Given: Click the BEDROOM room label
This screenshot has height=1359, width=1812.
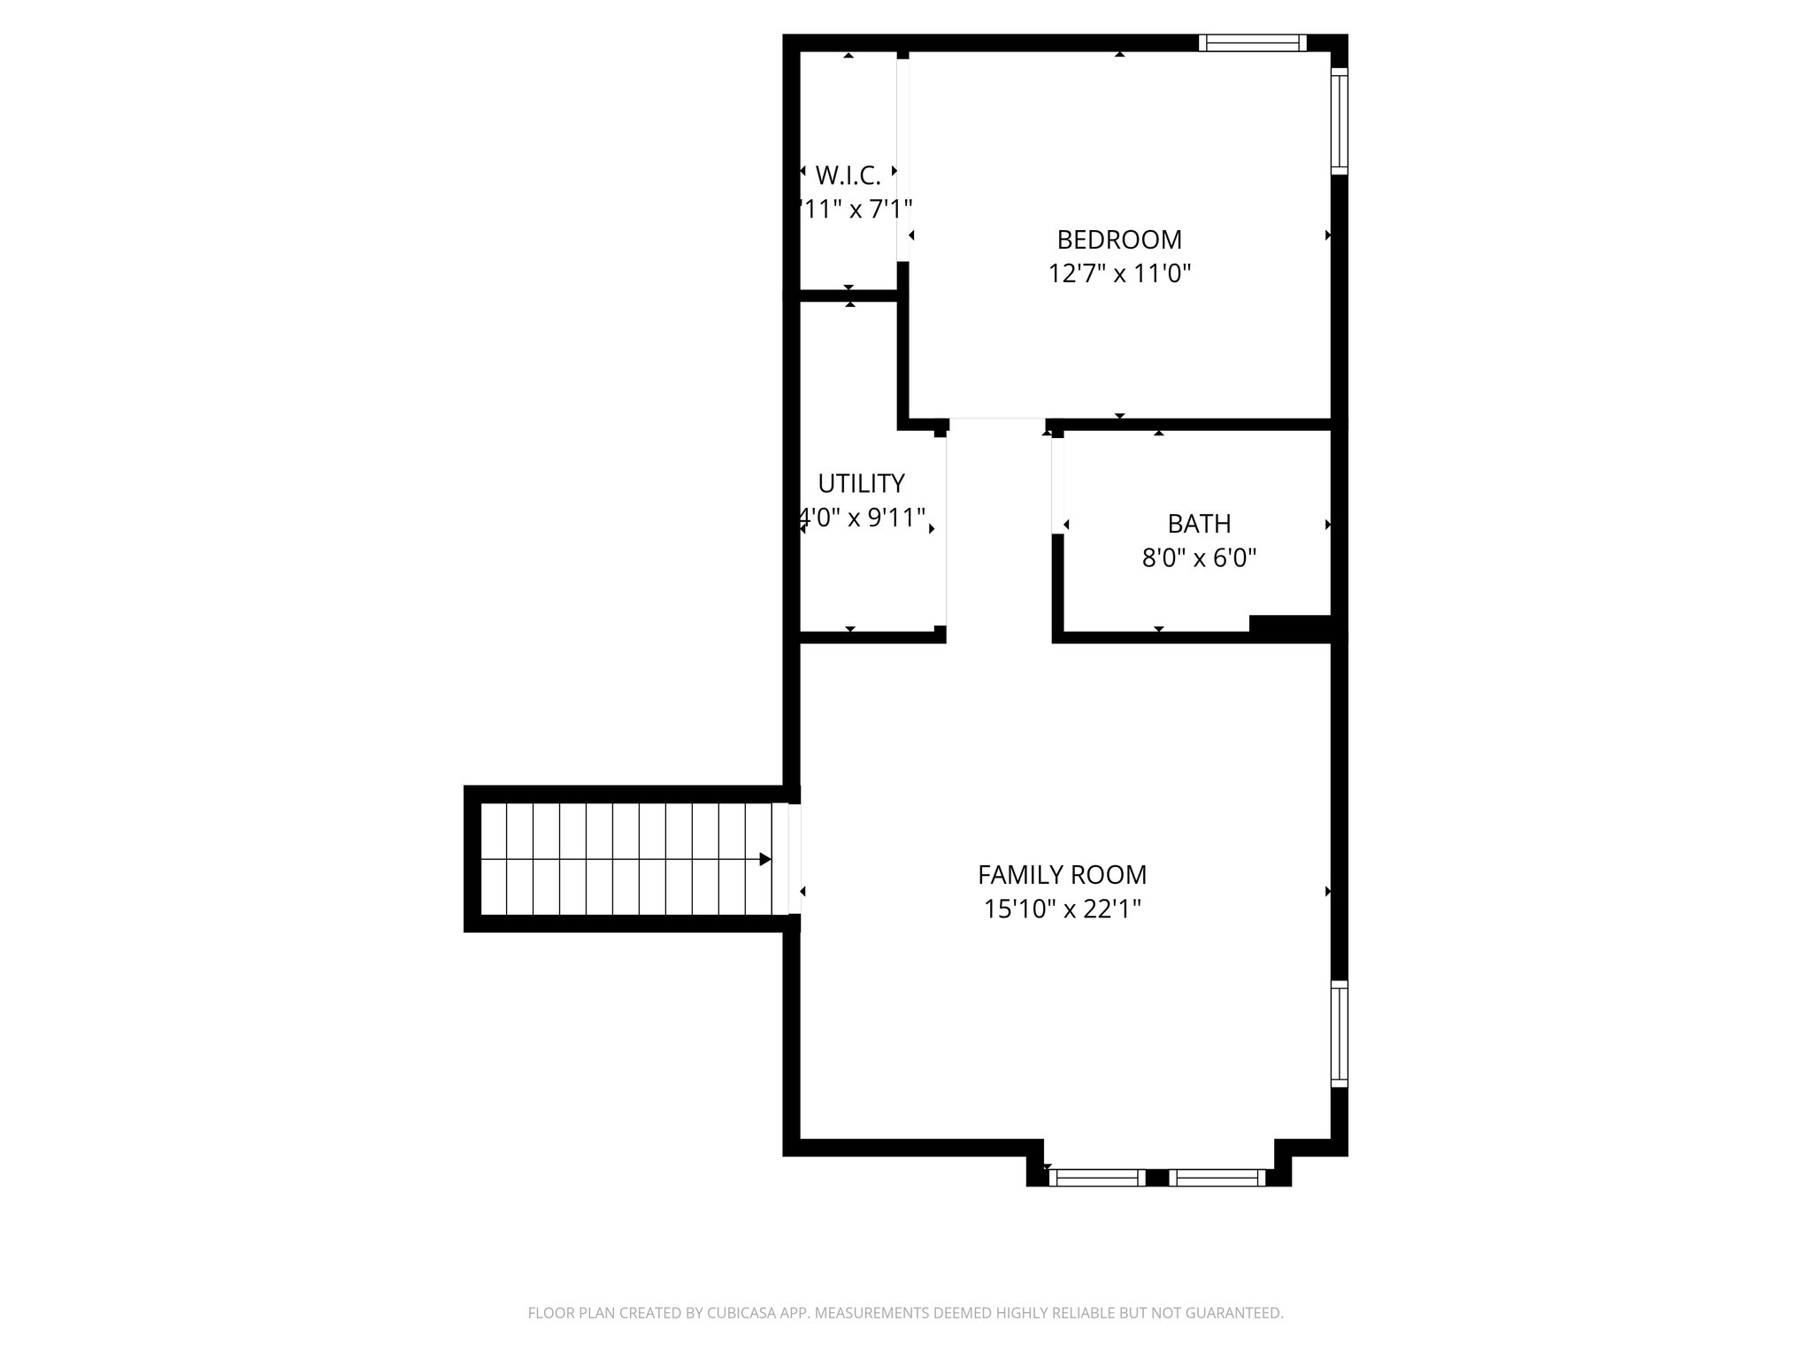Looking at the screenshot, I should pyautogui.click(x=1119, y=240).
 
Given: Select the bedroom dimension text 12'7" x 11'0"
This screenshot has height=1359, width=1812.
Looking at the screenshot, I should pyautogui.click(x=1119, y=273).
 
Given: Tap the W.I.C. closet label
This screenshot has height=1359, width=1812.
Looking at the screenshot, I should pyautogui.click(x=848, y=176).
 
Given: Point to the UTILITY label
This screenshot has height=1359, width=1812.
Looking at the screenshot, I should pyautogui.click(x=861, y=484).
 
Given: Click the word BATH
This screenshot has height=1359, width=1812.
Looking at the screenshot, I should pyautogui.click(x=1199, y=524).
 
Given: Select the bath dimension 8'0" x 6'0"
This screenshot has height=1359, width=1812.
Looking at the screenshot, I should pyautogui.click(x=1199, y=558).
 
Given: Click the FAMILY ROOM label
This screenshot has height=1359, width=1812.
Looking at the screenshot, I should pyautogui.click(x=1062, y=875).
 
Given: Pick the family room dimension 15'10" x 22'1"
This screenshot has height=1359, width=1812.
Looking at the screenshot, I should pyautogui.click(x=1062, y=910).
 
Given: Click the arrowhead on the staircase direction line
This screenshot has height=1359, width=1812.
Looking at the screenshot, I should pyautogui.click(x=765, y=859).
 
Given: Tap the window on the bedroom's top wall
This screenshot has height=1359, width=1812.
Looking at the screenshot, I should pyautogui.click(x=1252, y=42).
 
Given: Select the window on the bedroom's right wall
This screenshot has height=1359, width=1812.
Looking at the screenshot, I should pyautogui.click(x=1340, y=121).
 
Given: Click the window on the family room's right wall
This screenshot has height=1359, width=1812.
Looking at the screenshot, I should pyautogui.click(x=1340, y=1033).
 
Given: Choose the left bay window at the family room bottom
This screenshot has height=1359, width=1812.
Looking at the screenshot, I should pyautogui.click(x=1097, y=1178).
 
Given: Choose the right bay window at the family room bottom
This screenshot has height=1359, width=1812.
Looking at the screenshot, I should pyautogui.click(x=1217, y=1178).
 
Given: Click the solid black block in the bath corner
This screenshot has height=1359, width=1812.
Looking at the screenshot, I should pyautogui.click(x=1290, y=625).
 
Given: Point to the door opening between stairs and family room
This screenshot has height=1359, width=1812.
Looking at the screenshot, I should pyautogui.click(x=795, y=859).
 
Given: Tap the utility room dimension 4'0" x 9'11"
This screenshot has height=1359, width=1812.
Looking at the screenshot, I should pyautogui.click(x=863, y=518).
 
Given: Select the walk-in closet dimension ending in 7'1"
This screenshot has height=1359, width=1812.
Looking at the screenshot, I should pyautogui.click(x=855, y=210).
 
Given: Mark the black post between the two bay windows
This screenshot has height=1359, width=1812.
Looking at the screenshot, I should pyautogui.click(x=1157, y=1178).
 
